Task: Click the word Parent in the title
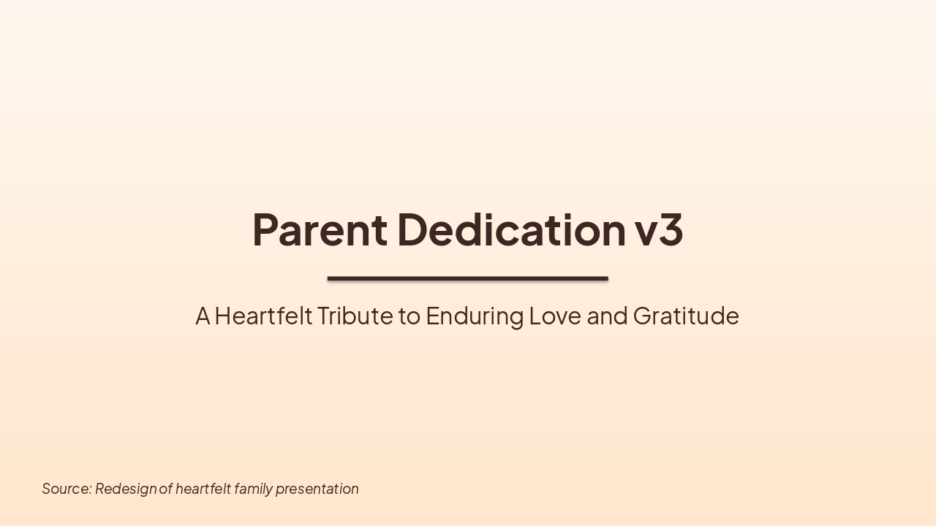[x=320, y=229]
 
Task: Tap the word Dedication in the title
[x=512, y=229]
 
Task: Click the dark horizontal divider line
[x=467, y=278]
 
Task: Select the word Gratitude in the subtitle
[x=686, y=316]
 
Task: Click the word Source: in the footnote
[x=67, y=489]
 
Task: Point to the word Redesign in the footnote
[x=126, y=489]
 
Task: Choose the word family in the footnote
[x=253, y=489]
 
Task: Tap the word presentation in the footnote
[x=317, y=489]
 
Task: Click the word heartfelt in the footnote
[x=203, y=489]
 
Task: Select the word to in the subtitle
[x=409, y=316]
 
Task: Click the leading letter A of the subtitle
[x=203, y=316]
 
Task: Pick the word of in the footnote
[x=165, y=489]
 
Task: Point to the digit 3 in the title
[x=671, y=229]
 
